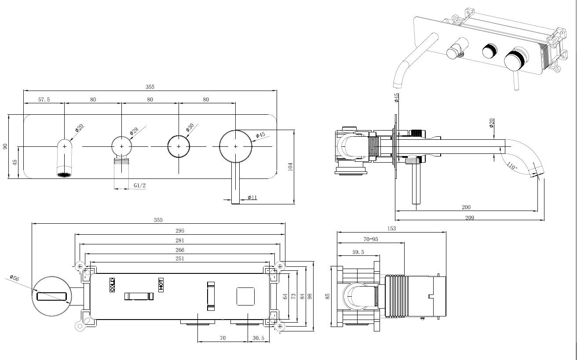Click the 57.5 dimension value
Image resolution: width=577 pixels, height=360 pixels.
point(44,99)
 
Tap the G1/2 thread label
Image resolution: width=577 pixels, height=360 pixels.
point(139,185)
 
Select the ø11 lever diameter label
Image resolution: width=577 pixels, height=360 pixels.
point(252,197)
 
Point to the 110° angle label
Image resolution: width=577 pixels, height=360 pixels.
point(512,166)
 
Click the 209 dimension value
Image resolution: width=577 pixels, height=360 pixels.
point(470,218)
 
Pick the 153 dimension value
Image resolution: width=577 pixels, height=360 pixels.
point(391,229)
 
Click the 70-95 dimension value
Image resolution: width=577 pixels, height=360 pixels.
point(371,239)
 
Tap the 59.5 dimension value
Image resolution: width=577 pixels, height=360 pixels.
point(358,252)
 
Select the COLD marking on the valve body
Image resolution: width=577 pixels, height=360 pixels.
point(112,285)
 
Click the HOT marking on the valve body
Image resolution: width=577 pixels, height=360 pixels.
point(161,285)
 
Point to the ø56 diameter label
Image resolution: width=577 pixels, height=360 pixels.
point(15,278)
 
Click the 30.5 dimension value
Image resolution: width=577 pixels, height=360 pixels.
point(258,338)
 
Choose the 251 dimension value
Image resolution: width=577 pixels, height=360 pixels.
point(180,258)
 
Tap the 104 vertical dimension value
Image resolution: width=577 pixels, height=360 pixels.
point(290,167)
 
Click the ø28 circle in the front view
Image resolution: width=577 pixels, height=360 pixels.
point(121,146)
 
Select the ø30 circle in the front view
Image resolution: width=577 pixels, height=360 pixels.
point(179,146)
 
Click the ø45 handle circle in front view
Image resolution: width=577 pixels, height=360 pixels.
point(235,146)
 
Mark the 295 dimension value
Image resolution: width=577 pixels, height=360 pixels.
point(180,231)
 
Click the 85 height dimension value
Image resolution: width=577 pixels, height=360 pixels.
point(328,296)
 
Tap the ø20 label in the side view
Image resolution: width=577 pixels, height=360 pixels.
point(492,123)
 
